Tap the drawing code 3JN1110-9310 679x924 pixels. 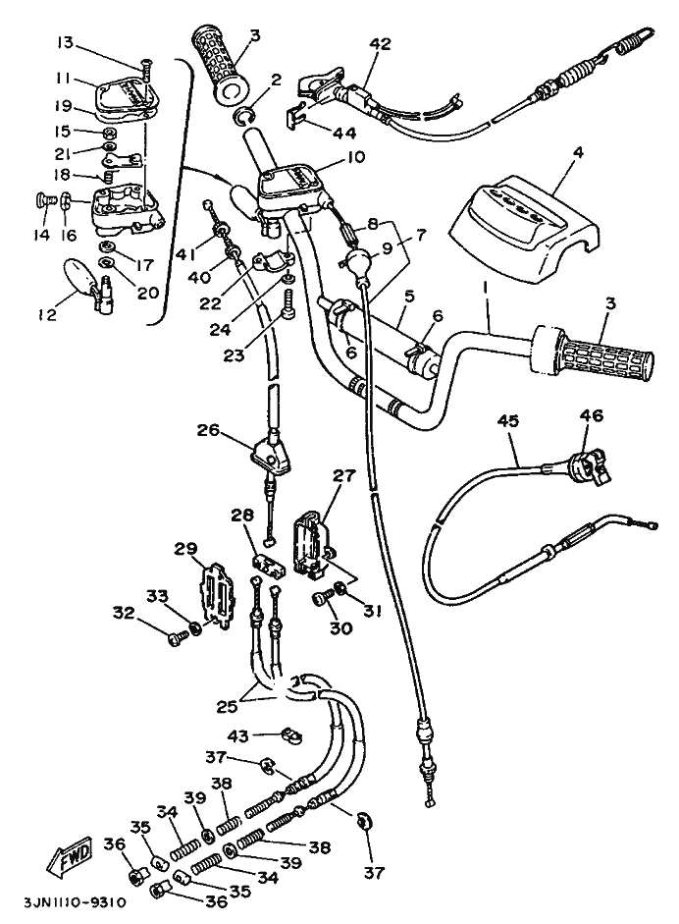65,905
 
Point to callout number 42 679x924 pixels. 380,43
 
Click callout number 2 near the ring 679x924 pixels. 277,79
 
